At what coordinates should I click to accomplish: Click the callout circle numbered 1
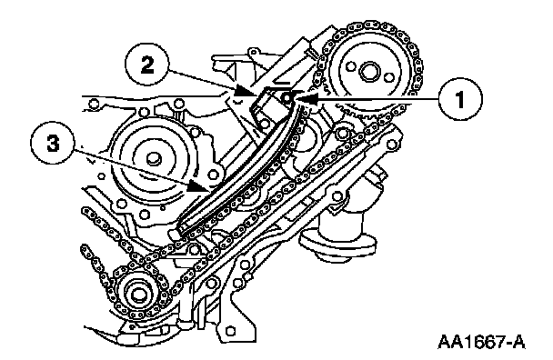point(460,99)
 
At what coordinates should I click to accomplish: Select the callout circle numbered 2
point(147,65)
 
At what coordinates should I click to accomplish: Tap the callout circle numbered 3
point(53,143)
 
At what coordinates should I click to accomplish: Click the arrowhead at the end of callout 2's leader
point(246,92)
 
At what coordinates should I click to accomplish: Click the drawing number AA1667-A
point(481,342)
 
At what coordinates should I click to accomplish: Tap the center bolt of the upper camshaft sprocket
point(369,72)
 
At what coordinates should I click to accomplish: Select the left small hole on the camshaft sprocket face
point(350,66)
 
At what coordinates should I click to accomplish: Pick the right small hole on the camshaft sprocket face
point(388,77)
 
